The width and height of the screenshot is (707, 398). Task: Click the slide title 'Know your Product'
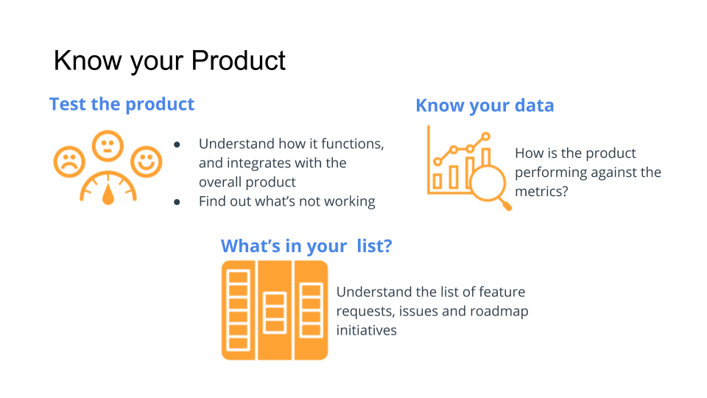pos(169,60)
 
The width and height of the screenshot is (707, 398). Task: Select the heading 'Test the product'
pos(122,104)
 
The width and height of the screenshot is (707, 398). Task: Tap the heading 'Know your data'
pos(485,105)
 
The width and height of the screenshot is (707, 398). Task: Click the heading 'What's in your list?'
pos(306,245)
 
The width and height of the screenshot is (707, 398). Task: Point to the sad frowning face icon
pos(69,162)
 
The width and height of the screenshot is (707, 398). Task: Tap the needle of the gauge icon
pos(109,193)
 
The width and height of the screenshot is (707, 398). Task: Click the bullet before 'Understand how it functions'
pos(177,144)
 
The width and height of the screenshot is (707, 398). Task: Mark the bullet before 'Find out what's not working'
pos(177,202)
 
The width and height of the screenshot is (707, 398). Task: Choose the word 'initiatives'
pos(366,330)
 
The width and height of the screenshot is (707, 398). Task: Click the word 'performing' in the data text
pos(549,172)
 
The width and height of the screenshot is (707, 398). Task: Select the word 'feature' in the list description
pos(501,292)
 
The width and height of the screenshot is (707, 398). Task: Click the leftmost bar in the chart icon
pos(437,180)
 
